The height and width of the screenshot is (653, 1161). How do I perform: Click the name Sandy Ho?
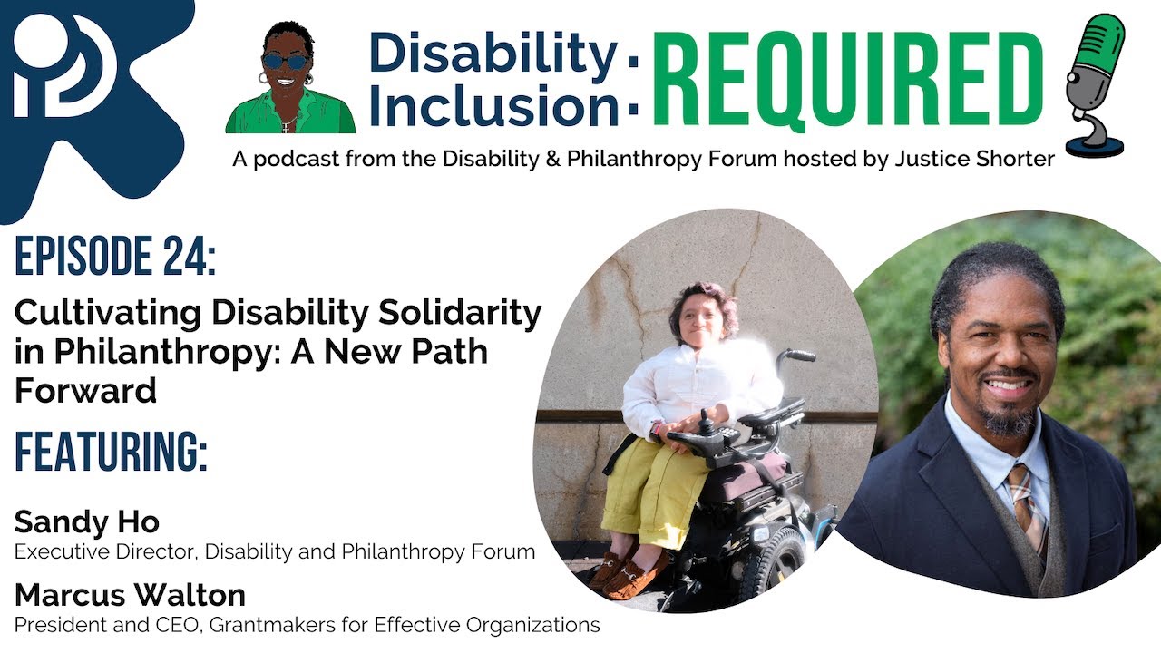pyautogui.click(x=86, y=522)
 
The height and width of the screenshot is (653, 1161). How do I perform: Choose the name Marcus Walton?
pyautogui.click(x=130, y=596)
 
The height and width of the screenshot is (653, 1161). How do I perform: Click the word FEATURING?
pyautogui.click(x=111, y=453)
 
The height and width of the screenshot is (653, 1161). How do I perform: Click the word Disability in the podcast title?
pyautogui.click(x=493, y=54)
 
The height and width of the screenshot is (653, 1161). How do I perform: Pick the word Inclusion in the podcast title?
pyautogui.click(x=493, y=105)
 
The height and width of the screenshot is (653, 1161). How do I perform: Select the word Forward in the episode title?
pyautogui.click(x=85, y=390)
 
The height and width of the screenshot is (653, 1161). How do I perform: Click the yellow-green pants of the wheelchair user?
pyautogui.click(x=657, y=490)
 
